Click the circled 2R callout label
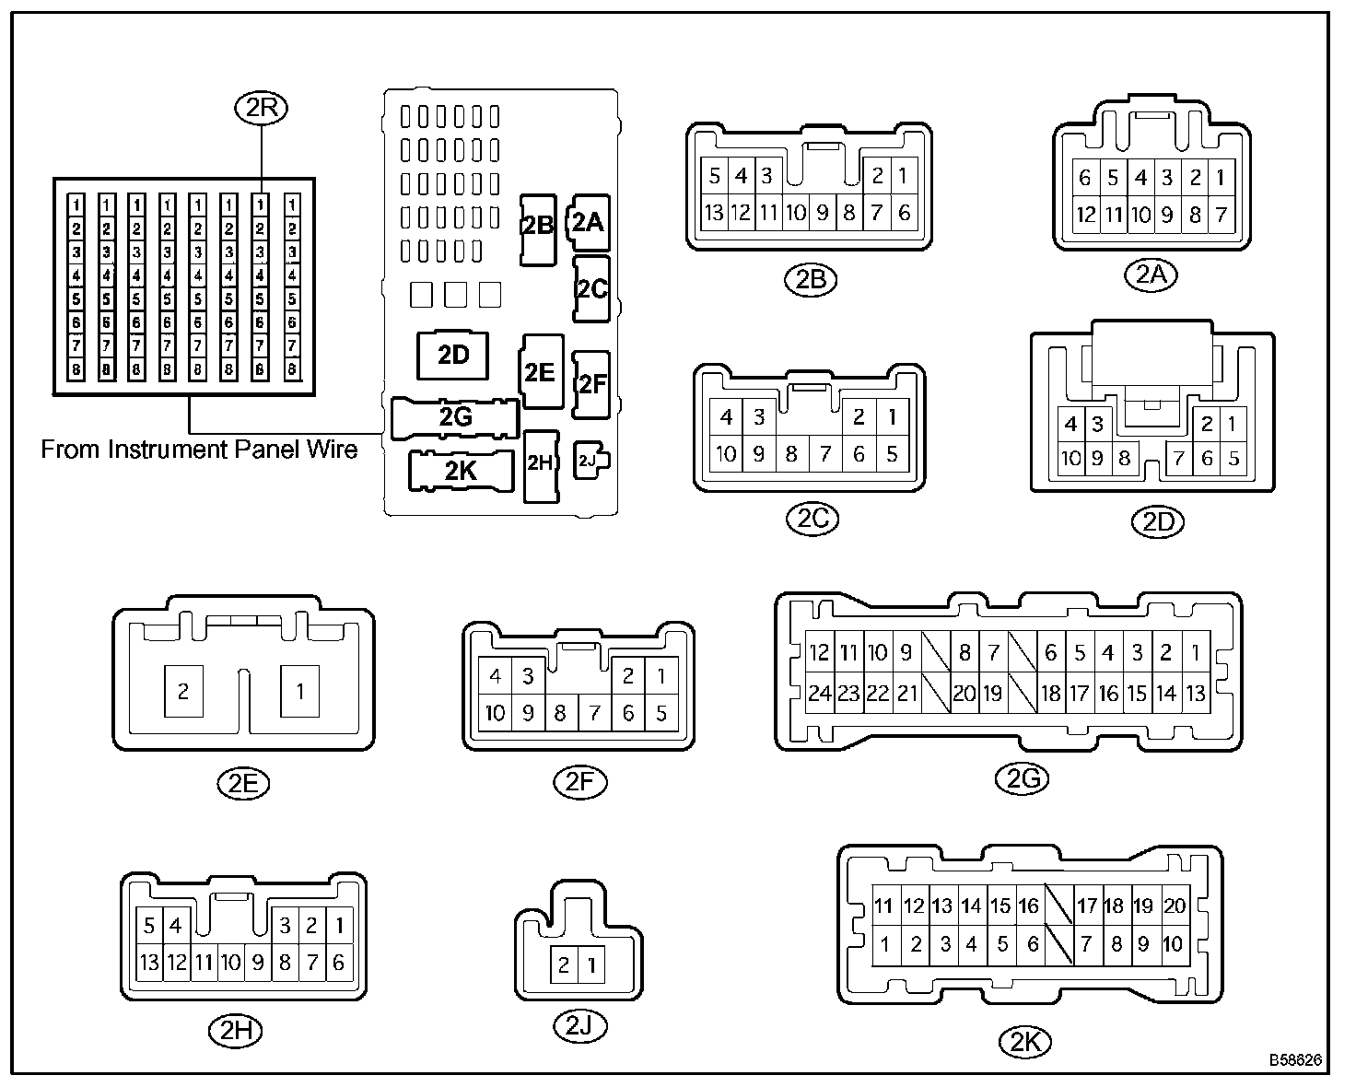(262, 109)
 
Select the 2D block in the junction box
(453, 355)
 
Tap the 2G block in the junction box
(455, 417)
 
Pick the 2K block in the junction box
(461, 471)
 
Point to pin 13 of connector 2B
(713, 213)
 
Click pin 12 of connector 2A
(1086, 215)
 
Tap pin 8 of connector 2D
(1123, 458)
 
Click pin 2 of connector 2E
(183, 691)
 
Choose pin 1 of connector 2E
(300, 691)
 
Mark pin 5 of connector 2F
(660, 712)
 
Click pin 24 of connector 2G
(819, 693)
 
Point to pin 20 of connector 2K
(1174, 906)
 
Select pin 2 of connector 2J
(564, 965)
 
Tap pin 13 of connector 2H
(148, 963)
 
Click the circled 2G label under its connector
(1022, 779)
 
